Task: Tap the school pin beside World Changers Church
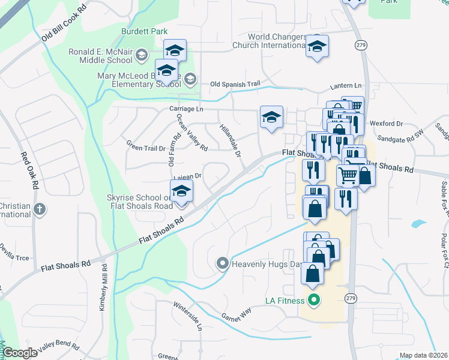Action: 317,47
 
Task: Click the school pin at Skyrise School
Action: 181,191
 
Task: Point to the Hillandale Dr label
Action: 230,142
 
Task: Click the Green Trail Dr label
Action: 146,146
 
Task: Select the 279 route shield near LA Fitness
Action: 351,298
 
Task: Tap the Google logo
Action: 20,353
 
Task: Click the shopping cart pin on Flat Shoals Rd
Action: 348,176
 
